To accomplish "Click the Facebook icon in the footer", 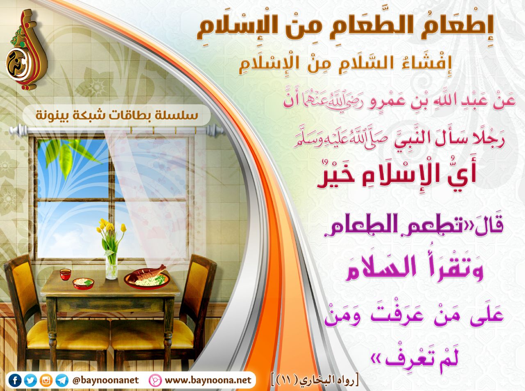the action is (15, 380).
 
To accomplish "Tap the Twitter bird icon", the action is (30, 380).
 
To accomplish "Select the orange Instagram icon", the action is (46, 380).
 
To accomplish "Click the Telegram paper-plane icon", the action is (62, 380).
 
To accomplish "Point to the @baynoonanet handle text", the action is (105, 380).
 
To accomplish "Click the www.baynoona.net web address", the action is (208, 380).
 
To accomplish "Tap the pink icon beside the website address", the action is (155, 380).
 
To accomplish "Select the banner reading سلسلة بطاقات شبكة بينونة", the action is (117, 115).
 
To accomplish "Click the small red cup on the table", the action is (65, 275).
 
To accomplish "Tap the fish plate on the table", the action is (147, 278).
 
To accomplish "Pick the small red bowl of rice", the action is (83, 283).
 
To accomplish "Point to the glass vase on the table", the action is (112, 266).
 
